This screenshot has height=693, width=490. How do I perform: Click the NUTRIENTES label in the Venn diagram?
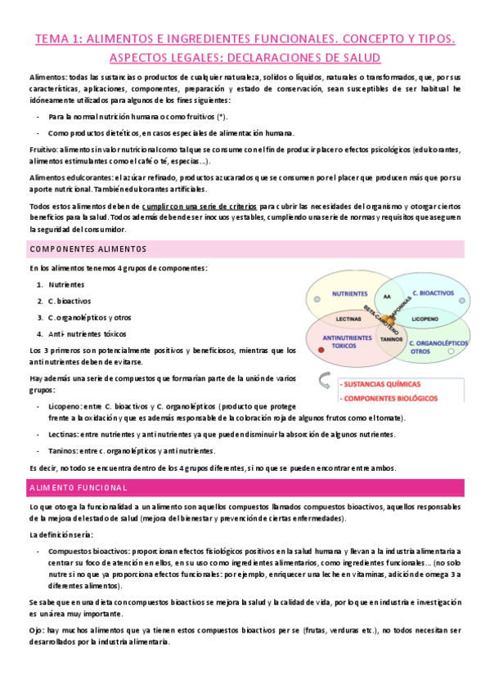[x=349, y=293]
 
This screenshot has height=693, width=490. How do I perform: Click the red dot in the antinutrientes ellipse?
[x=322, y=350]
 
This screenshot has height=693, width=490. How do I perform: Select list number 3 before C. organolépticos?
[x=40, y=317]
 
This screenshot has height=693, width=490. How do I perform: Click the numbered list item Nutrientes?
[x=66, y=284]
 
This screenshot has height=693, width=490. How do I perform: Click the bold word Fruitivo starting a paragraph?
[x=43, y=150]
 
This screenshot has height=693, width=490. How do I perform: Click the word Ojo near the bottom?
[x=36, y=631]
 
